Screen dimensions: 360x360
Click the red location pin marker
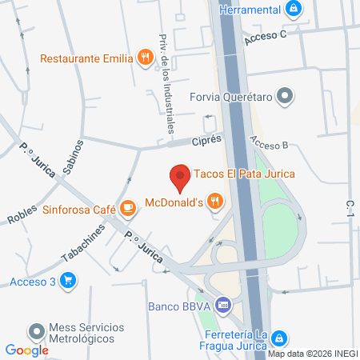(181, 178)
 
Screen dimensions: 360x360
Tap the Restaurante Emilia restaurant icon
(144, 57)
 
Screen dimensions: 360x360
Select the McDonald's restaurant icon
(214, 202)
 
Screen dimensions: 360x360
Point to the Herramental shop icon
(294, 9)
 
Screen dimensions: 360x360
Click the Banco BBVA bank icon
(223, 305)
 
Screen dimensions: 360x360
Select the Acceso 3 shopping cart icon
(68, 281)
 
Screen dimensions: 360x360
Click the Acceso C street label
(265, 36)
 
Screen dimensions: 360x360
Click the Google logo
(26, 350)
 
